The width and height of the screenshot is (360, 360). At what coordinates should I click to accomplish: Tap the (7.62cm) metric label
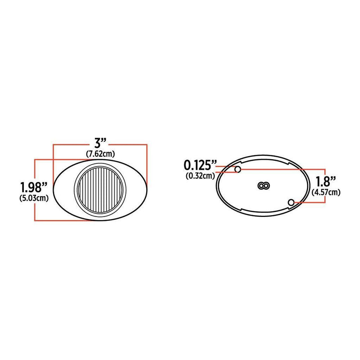(x=100, y=154)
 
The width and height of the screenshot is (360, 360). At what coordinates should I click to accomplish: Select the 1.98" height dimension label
(x=33, y=186)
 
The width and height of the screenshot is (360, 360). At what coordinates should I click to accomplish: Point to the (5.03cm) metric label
(x=34, y=198)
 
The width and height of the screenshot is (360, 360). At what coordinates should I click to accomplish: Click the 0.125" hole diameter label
(x=201, y=163)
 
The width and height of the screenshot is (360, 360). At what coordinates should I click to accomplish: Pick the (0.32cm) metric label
(x=200, y=176)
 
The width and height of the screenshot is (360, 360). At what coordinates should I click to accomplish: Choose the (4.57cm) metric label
(x=325, y=193)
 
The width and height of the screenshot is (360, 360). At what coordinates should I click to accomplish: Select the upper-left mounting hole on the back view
(x=238, y=169)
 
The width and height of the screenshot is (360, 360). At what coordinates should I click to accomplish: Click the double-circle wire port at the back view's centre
(x=263, y=185)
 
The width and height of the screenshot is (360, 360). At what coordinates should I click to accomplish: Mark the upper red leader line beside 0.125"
(x=227, y=166)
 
